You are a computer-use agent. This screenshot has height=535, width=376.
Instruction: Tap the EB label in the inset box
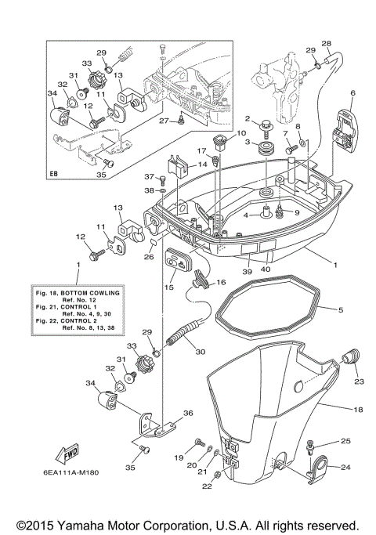[x=54, y=173]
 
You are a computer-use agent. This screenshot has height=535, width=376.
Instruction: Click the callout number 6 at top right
[x=352, y=93]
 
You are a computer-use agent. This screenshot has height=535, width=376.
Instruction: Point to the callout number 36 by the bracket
[x=187, y=414]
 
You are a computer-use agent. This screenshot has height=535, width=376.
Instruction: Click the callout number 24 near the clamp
[x=345, y=469]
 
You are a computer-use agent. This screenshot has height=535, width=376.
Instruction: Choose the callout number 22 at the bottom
[x=207, y=486]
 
